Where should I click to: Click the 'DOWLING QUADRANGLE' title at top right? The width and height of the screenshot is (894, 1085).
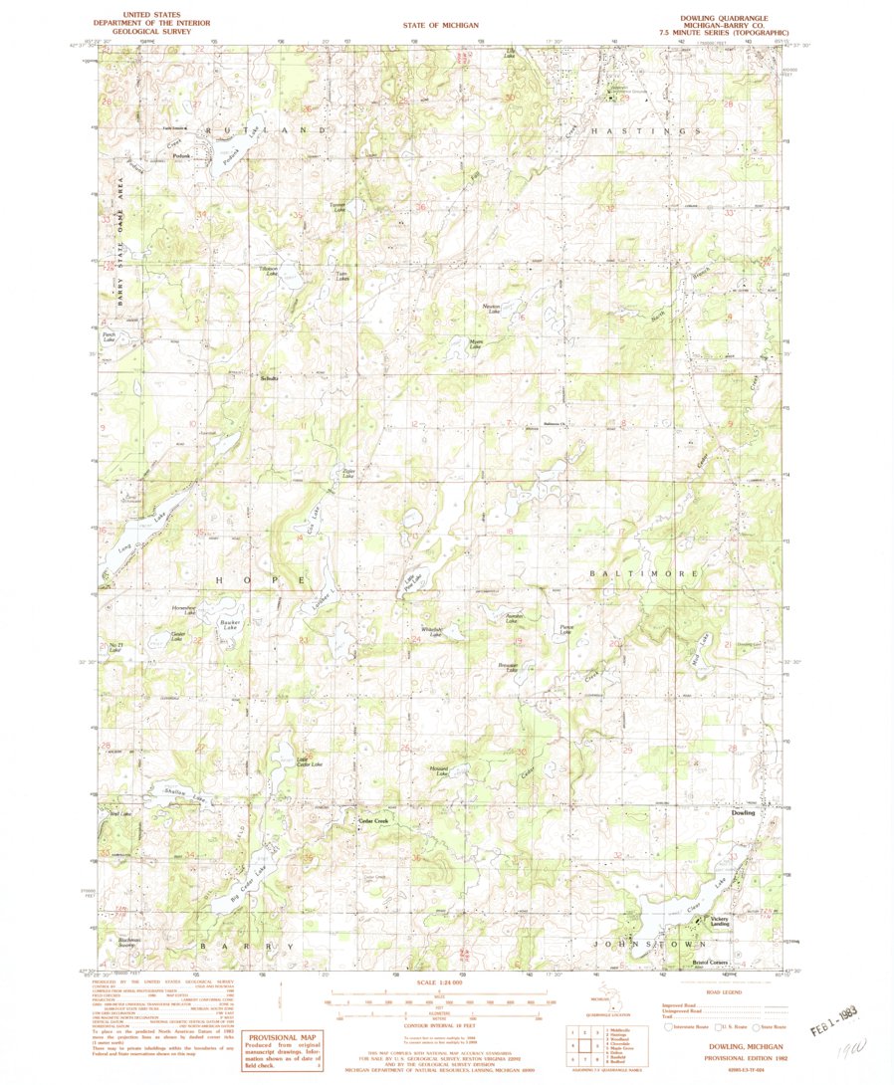pos(723,18)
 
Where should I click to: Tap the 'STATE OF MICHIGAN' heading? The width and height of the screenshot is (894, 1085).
pos(440,25)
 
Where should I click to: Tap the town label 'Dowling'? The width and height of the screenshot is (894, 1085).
pos(743,813)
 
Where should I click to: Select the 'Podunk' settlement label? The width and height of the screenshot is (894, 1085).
pos(180,156)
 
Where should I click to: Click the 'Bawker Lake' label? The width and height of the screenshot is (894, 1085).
pos(230,626)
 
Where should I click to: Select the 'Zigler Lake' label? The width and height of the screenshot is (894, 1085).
pos(348,474)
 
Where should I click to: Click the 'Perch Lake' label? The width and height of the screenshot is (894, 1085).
pos(110,338)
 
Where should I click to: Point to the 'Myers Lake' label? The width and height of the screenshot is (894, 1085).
pos(476,343)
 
